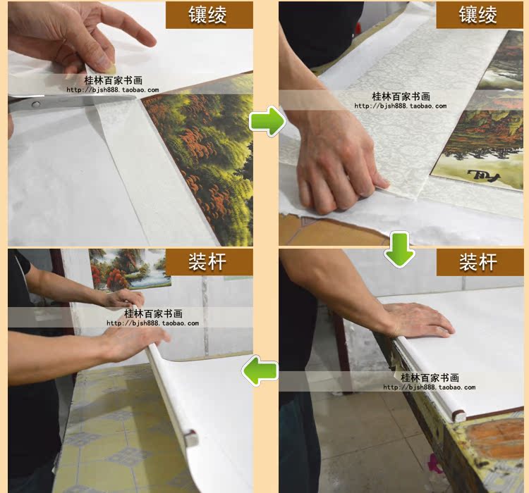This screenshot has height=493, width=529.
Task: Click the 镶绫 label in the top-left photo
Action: pyautogui.click(x=207, y=15)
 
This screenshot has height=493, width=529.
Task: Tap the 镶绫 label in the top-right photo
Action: pyautogui.click(x=478, y=15)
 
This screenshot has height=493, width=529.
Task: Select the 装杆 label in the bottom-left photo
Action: pyautogui.click(x=207, y=262)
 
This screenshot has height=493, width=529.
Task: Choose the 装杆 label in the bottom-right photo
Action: pyautogui.click(x=478, y=262)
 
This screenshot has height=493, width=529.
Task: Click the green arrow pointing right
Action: pyautogui.click(x=267, y=121)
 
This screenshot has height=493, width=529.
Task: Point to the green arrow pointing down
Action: pyautogui.click(x=399, y=249)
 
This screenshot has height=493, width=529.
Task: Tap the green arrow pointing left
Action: pyautogui.click(x=260, y=370)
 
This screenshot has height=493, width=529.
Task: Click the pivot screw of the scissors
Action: pyautogui.click(x=35, y=104)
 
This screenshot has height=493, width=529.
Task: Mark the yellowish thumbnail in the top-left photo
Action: pyautogui.click(x=111, y=68)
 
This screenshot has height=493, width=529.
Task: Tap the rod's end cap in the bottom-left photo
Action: pyautogui.click(x=190, y=438)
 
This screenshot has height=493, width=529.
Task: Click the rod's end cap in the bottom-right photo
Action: pyautogui.click(x=458, y=415)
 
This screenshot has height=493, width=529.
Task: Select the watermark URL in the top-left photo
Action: pyautogui.click(x=113, y=90)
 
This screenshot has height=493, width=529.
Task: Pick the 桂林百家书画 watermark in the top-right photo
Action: pyautogui.click(x=401, y=96)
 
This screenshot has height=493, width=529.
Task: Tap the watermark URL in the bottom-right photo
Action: pyautogui.click(x=430, y=387)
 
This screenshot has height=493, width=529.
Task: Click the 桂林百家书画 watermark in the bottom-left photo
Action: pyautogui.click(x=153, y=313)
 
